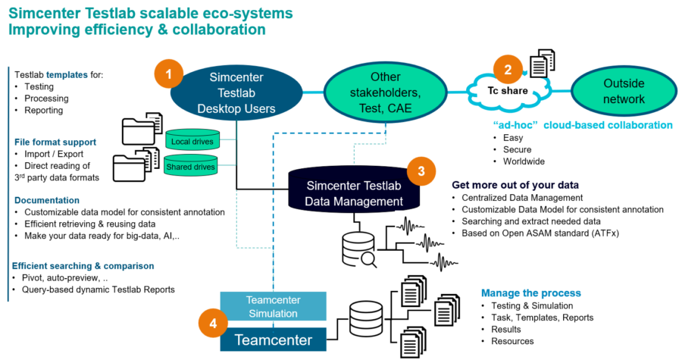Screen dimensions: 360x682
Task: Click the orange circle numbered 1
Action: [169, 74]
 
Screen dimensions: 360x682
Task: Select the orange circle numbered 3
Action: [422, 171]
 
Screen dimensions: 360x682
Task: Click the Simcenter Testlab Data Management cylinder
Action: [355, 193]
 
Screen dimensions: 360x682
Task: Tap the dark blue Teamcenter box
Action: [274, 340]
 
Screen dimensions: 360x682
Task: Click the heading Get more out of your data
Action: [515, 185]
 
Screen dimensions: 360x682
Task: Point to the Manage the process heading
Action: [530, 293]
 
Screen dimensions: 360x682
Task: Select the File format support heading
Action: [55, 142]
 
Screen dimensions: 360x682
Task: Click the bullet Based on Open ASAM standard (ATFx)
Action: [546, 233]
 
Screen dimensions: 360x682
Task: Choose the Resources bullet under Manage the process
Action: [513, 341]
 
